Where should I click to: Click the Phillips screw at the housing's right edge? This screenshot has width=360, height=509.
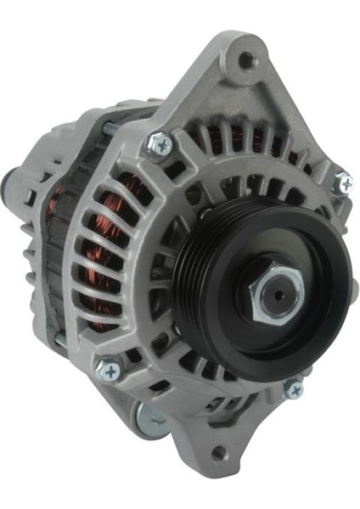click(x=343, y=182)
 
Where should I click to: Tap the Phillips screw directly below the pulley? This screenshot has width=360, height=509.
click(x=294, y=389)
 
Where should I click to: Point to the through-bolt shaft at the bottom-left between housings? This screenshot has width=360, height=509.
click(x=60, y=339)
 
